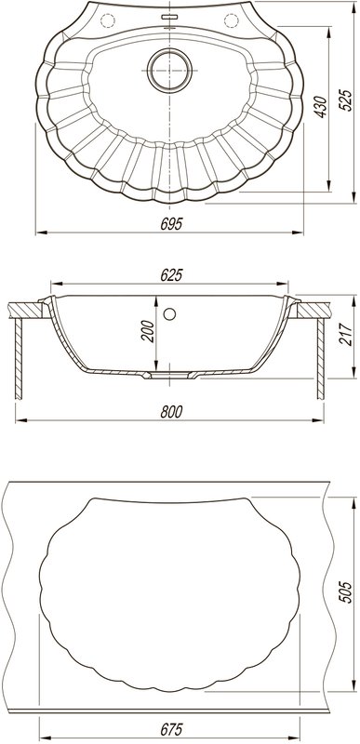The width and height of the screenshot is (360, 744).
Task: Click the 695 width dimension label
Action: click(171, 224)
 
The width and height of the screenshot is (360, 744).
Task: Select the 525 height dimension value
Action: click(347, 100)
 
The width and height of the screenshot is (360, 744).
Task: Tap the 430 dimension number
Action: click(321, 107)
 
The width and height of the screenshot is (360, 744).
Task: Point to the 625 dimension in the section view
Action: click(171, 274)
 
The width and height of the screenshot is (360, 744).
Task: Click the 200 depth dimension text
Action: click(148, 331)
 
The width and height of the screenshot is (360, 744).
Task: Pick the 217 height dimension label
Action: click(348, 335)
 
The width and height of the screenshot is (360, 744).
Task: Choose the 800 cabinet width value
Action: click(171, 412)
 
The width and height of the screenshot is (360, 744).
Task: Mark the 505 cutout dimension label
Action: click(347, 591)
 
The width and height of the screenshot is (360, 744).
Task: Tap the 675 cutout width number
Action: click(171, 729)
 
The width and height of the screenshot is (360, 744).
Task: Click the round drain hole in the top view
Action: click(170, 71)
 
